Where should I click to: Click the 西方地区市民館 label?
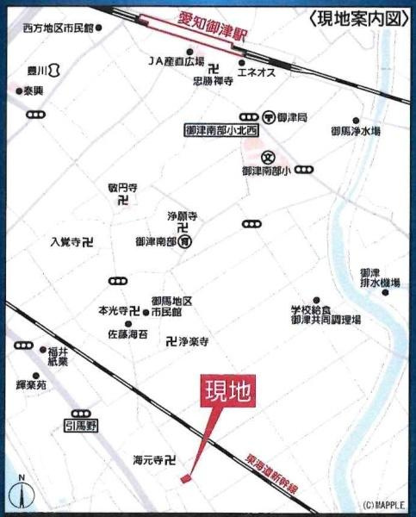57,28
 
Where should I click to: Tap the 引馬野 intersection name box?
82,425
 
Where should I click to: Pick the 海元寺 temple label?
149,460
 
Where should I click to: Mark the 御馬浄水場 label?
355,132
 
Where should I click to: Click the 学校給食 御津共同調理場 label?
325,314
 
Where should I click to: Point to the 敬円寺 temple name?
123,186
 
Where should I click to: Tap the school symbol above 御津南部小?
269,157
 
